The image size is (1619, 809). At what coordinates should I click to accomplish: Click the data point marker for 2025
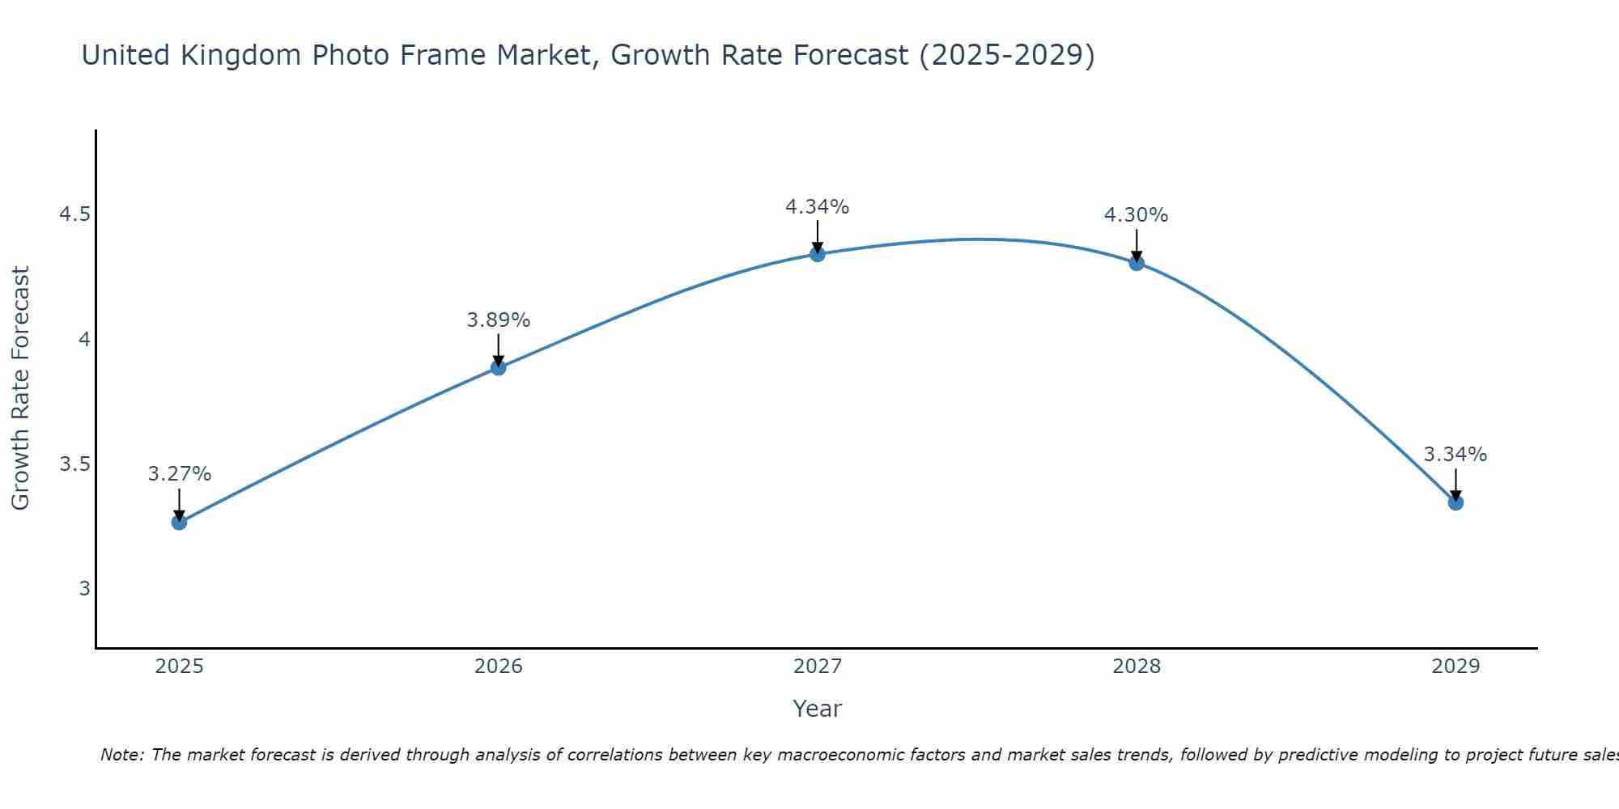coord(179,522)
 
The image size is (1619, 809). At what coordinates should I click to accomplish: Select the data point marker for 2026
coord(498,367)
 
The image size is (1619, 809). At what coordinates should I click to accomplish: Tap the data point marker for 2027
coord(818,254)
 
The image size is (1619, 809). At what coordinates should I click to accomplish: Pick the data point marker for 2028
coord(1137,263)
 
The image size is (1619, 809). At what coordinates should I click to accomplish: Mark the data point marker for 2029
coord(1455,502)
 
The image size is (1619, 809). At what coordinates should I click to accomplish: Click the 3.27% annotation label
coord(179,474)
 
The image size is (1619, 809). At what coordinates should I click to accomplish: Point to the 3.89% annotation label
coord(498,320)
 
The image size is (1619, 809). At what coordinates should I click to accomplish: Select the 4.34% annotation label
coord(818,207)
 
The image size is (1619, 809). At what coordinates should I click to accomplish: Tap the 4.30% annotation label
coord(1137,215)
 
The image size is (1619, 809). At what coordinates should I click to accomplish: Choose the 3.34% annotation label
coord(1455,455)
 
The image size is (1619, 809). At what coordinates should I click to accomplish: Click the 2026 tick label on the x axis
coord(498,667)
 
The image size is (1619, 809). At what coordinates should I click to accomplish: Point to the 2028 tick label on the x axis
coord(1137,667)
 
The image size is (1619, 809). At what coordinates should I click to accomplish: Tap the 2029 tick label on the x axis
coord(1455,667)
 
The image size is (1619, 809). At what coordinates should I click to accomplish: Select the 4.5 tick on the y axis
coord(74,214)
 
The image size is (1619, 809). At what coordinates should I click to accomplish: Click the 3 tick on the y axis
coord(84,589)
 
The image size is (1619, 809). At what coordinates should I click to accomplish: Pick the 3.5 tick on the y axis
coord(74,464)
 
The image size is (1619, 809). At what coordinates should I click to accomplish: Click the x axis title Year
coord(818,709)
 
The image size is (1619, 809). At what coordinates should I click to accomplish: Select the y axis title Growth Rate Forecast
coord(20,388)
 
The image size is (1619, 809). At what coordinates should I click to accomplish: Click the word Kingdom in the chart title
coord(241,55)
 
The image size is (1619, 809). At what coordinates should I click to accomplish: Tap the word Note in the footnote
coord(121,755)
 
